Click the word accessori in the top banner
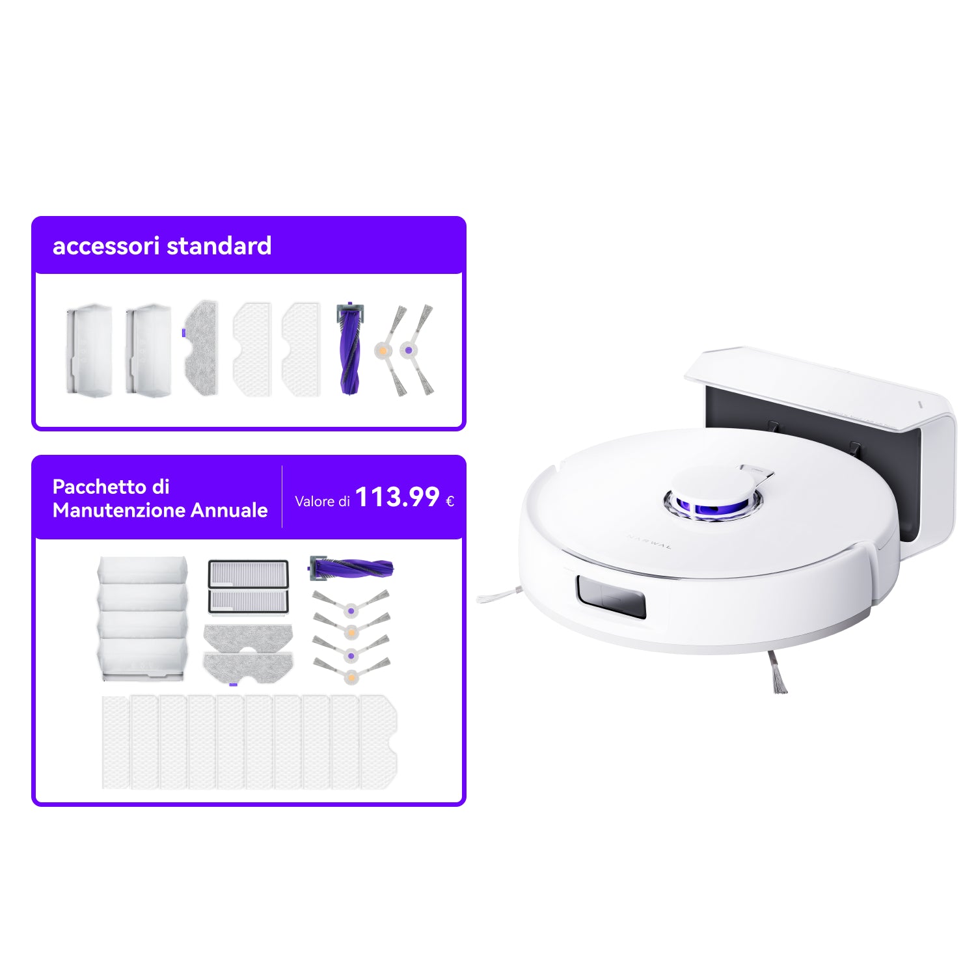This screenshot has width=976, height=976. [x=105, y=246]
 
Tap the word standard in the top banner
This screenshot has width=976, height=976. [x=219, y=246]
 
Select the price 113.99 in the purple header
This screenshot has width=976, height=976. [x=398, y=498]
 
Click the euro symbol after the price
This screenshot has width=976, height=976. [x=450, y=501]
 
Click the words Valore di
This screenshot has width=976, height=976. [x=323, y=501]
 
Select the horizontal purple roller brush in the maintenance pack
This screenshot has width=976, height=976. [x=351, y=568]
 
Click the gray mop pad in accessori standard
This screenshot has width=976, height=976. [x=200, y=347]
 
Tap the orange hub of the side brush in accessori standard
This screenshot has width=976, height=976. [x=383, y=351]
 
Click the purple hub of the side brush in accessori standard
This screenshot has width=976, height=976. [x=408, y=350]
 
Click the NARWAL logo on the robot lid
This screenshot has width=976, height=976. [x=649, y=542]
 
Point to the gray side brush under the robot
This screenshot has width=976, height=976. [x=776, y=671]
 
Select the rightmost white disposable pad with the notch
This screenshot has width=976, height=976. [x=378, y=742]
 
